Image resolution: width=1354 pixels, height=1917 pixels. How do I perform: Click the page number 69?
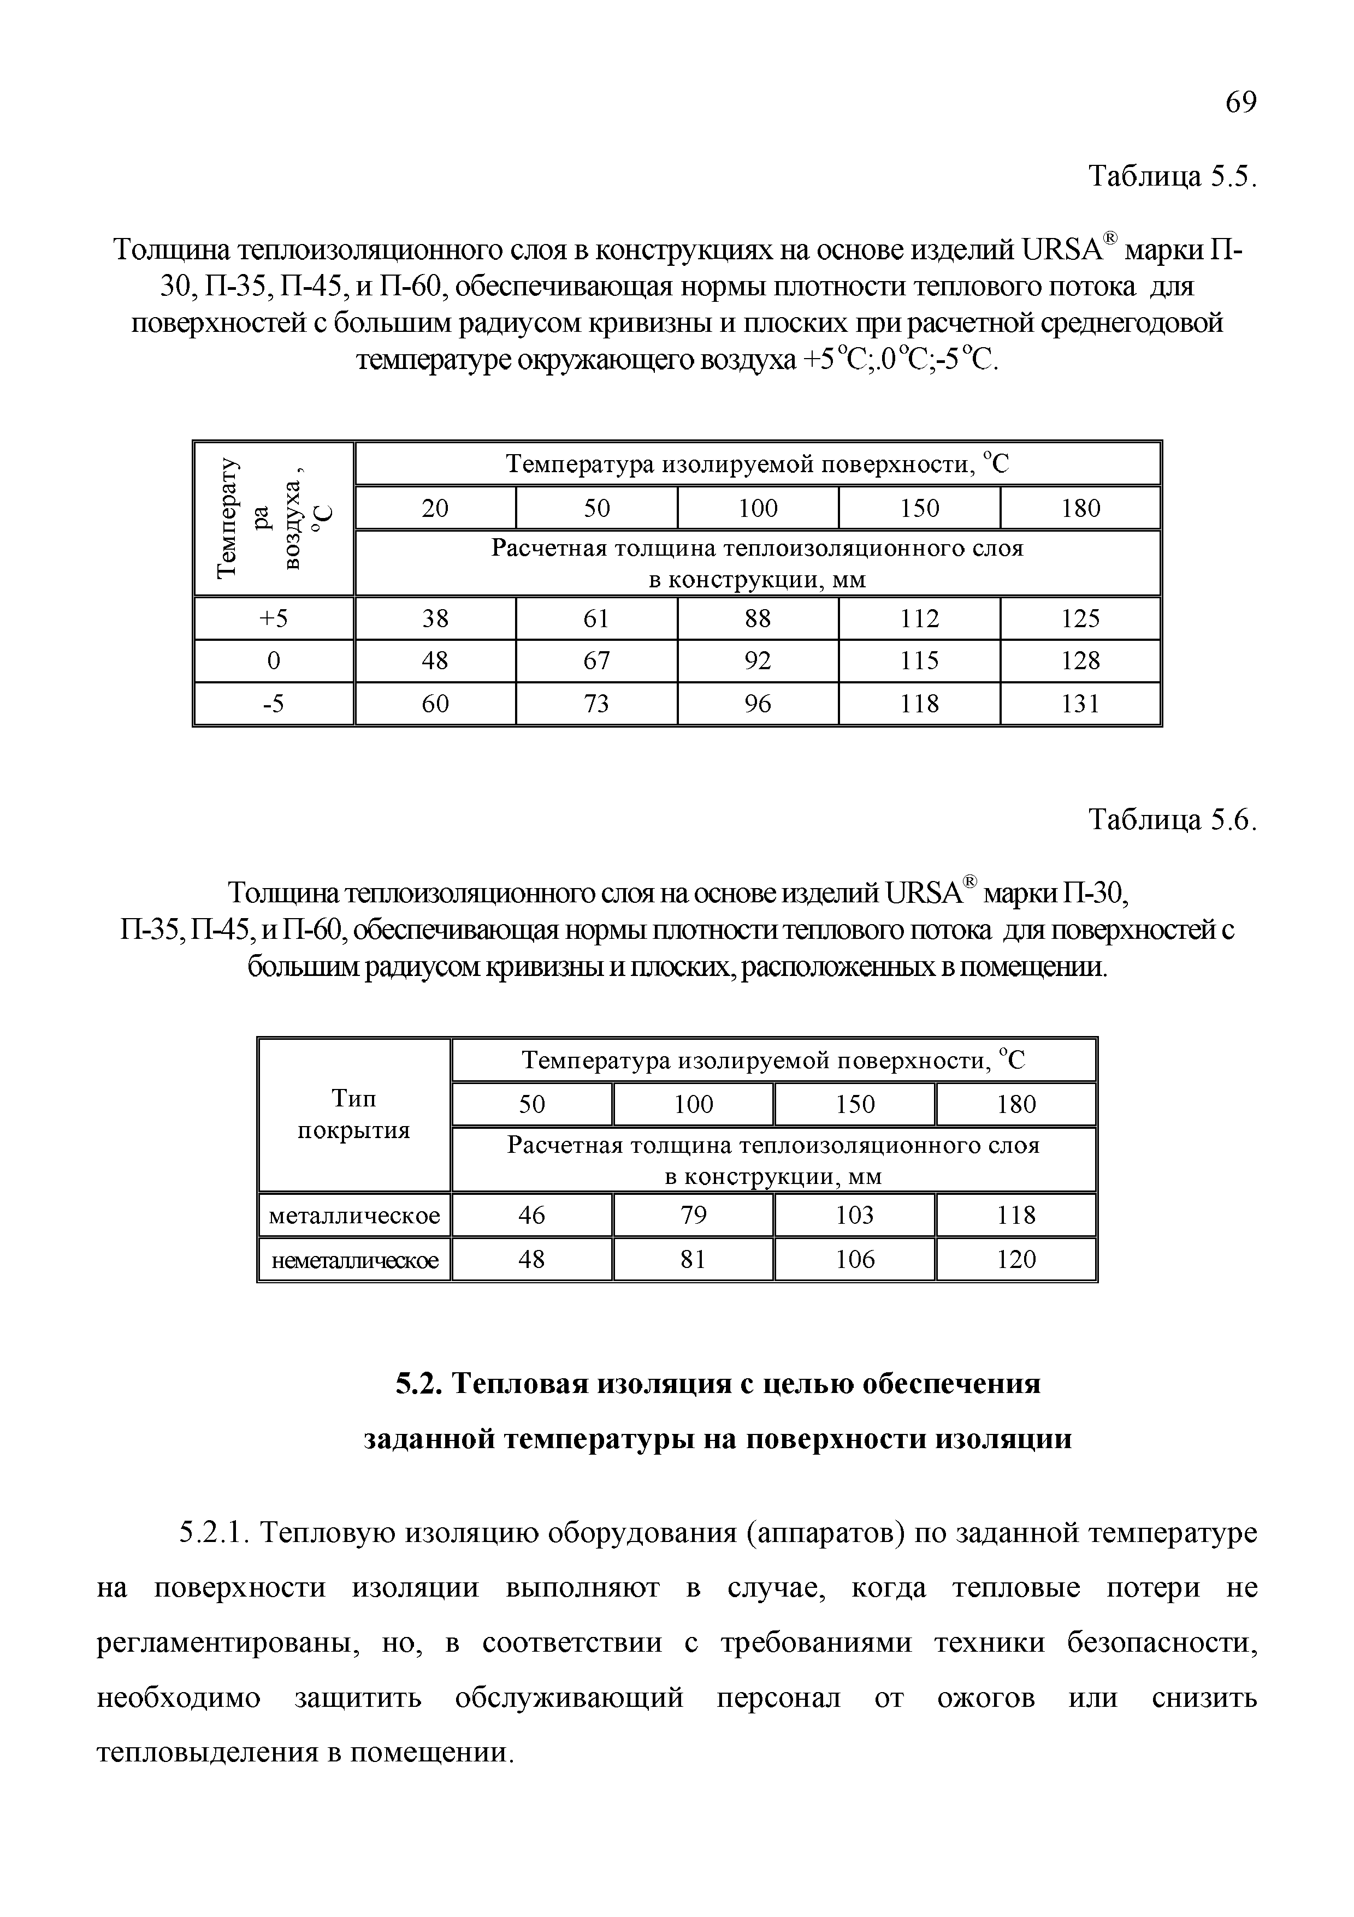point(1240,103)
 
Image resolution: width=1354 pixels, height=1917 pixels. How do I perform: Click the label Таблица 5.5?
point(1172,177)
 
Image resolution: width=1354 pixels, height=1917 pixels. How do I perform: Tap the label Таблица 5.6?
point(1172,821)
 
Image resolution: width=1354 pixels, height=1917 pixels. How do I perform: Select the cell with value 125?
point(1081,618)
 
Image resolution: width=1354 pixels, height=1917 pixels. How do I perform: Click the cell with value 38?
point(435,618)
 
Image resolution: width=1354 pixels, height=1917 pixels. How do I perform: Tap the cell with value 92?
point(758,661)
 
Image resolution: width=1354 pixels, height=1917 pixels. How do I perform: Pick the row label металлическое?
point(354,1216)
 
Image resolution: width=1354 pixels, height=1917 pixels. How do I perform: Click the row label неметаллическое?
point(354,1260)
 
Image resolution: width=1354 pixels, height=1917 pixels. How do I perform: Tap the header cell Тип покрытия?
point(354,1115)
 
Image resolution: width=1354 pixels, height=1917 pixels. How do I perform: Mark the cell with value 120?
point(1016,1260)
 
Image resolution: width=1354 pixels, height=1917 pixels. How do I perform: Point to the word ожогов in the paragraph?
point(986,1699)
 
